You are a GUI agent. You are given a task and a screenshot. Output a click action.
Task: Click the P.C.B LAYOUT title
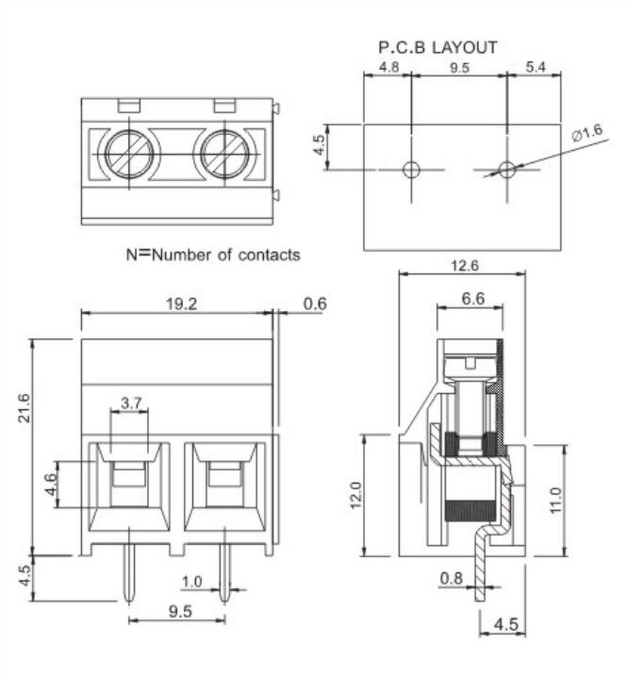coord(437,46)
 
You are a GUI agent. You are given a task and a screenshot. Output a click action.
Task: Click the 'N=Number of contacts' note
coord(213,255)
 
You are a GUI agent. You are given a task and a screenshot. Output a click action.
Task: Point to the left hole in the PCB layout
coord(411,170)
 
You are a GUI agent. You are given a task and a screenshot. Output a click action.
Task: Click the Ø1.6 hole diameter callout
coord(586,135)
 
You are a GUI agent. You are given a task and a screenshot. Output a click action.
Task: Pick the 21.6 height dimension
coord(25,409)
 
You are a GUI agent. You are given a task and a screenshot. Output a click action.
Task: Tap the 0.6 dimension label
coord(315,304)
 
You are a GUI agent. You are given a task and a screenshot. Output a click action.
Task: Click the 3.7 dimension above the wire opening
coord(131,404)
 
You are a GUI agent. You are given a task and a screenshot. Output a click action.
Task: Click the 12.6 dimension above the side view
coord(462,267)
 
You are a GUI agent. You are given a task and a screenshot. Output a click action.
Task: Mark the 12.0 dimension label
coord(355,493)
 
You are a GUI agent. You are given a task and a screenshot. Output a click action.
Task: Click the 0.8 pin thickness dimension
coord(453,578)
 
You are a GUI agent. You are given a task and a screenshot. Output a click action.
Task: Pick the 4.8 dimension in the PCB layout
coord(388,68)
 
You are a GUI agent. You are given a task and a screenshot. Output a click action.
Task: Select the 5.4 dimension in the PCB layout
coord(535,68)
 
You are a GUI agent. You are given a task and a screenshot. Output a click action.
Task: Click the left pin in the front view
coord(128,575)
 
